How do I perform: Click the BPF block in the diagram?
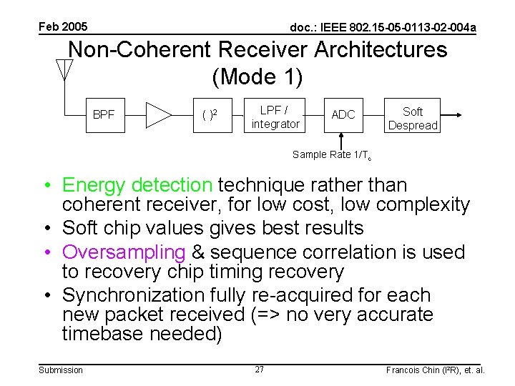(x=104, y=114)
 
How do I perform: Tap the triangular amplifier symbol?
(x=157, y=114)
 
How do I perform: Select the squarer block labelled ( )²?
(x=209, y=114)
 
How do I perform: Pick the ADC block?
(x=343, y=114)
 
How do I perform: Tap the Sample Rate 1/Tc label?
(x=330, y=155)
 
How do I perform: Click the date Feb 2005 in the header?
(x=63, y=27)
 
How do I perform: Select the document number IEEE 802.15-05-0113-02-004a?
(x=383, y=28)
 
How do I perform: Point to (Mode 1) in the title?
(x=257, y=76)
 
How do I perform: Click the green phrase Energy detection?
(x=137, y=185)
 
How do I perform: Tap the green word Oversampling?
(x=124, y=252)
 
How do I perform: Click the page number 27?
(x=259, y=370)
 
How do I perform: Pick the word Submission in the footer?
(x=61, y=370)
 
